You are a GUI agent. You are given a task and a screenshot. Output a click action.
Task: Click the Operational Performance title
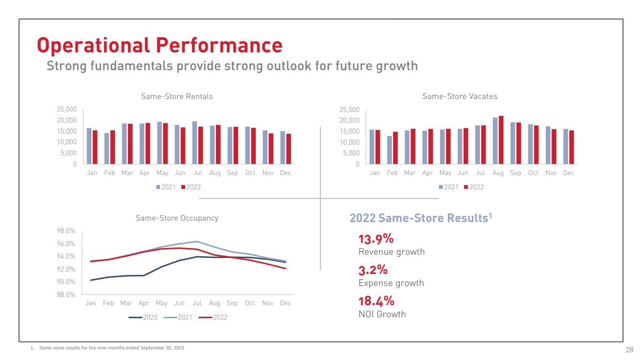point(160,45)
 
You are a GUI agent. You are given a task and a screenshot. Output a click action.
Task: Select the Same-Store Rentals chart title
point(177,96)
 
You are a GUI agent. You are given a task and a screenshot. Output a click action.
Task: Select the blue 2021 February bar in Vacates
point(390,149)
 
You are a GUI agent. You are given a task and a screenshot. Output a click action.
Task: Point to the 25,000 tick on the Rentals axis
point(67,110)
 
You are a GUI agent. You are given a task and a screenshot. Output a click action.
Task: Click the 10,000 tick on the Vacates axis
point(350,142)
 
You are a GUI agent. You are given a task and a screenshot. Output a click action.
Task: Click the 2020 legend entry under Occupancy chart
point(147,317)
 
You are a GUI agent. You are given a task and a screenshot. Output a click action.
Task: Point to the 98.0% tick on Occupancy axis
point(66,231)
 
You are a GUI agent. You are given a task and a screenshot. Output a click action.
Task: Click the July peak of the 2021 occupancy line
point(196,241)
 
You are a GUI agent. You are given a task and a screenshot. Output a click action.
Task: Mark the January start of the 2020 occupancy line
point(91,280)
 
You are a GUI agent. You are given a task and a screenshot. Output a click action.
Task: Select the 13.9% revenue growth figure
point(376,239)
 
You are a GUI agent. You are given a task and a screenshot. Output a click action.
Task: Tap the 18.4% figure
point(377,301)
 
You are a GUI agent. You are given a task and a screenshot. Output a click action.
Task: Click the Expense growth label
point(391,283)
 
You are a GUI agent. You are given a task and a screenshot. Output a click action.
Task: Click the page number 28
point(629,349)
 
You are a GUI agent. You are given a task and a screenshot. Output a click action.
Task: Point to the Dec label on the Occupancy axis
point(286,303)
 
